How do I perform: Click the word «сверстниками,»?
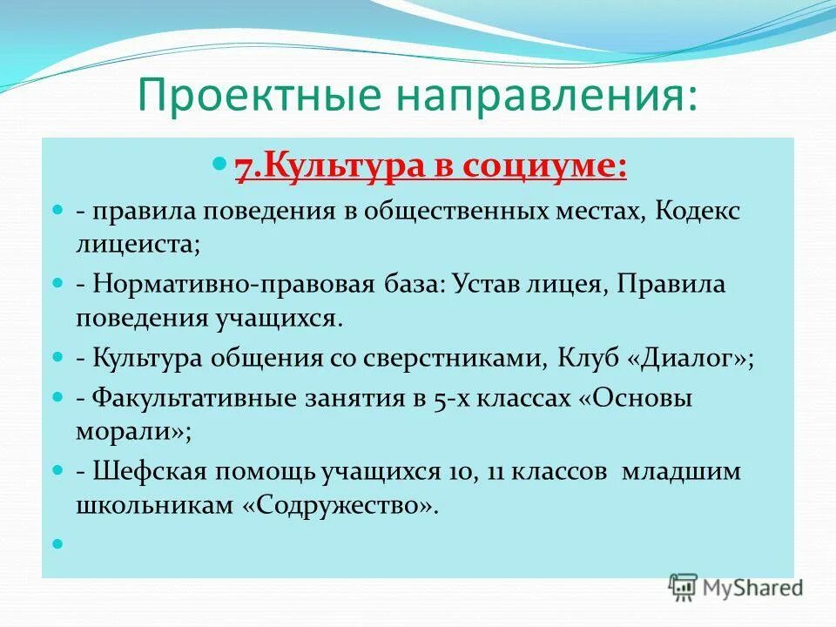tap(441, 358)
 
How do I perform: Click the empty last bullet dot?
tap(59, 543)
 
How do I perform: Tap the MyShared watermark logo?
tap(736, 587)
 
